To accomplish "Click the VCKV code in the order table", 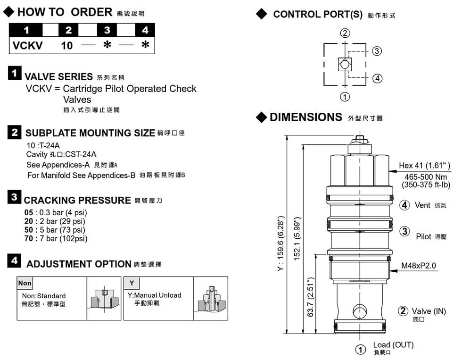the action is click(27, 46).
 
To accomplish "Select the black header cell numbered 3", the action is click(107, 30).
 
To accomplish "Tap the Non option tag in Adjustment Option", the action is click(25, 283).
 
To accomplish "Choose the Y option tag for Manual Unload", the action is click(132, 283).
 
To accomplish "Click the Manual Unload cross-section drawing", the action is click(211, 299).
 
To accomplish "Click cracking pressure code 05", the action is click(29, 212).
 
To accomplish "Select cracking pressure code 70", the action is click(29, 238).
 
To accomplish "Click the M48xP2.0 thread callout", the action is click(419, 265).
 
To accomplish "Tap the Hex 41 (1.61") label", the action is click(425, 166).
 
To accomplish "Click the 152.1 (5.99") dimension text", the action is click(297, 239).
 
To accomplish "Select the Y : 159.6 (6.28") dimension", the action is click(281, 243).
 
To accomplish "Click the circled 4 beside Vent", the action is click(404, 205).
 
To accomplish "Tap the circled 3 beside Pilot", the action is click(404, 231).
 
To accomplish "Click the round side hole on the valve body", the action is click(360, 311).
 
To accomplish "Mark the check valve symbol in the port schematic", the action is click(345, 64).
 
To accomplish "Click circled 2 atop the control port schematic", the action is click(345, 33).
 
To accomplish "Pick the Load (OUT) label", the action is click(393, 345).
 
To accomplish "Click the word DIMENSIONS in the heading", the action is click(306, 117).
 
